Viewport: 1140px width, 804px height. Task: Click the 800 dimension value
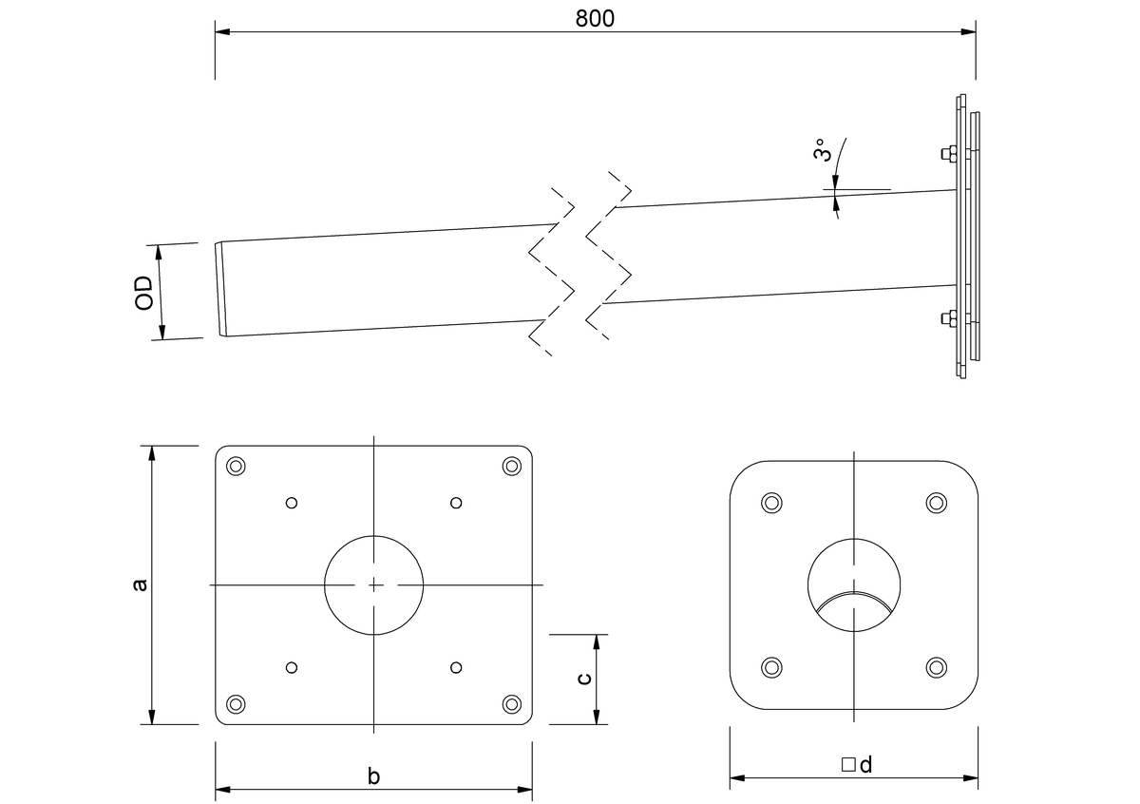point(596,18)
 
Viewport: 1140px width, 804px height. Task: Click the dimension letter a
point(140,584)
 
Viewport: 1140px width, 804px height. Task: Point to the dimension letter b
point(373,776)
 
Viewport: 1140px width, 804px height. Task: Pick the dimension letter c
point(585,678)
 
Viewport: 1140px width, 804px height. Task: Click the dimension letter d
point(865,764)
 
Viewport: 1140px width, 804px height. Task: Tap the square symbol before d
point(847,764)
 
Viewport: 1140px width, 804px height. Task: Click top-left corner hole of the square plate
point(236,466)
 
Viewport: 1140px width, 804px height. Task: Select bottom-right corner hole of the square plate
point(512,704)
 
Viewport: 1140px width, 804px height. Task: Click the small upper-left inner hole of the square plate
point(292,503)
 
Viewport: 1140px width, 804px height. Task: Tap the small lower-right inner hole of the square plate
point(456,667)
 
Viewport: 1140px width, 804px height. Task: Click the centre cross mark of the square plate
point(374,584)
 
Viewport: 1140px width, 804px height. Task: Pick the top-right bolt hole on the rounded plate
point(937,503)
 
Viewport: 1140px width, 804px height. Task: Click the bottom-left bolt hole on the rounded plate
point(772,667)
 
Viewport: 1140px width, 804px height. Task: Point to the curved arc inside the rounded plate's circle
point(855,599)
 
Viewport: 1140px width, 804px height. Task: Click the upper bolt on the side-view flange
point(948,154)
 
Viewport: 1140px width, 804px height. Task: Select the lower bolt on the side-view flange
point(948,319)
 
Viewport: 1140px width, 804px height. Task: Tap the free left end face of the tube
point(221,289)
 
